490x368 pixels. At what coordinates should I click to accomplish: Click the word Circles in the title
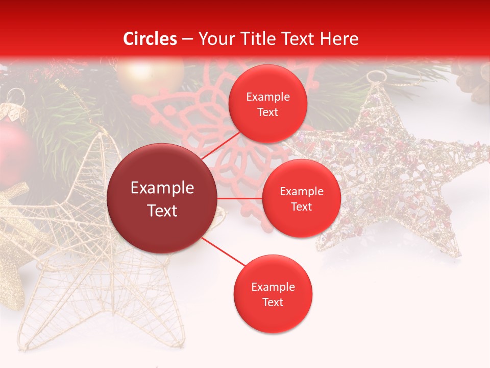coord(150,39)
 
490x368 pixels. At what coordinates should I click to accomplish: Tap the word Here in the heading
coord(339,39)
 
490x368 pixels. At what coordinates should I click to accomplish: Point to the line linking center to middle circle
coord(239,198)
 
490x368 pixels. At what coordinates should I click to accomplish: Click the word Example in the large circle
coord(162,188)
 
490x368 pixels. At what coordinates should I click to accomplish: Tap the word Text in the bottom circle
coord(273,302)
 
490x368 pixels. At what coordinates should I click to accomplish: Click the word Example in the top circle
coord(267,97)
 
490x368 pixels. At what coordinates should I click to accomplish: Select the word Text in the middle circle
coord(301,206)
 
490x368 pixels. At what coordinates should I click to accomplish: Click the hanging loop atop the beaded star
coord(377,77)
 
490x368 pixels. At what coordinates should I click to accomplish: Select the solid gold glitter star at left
coord(13,250)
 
